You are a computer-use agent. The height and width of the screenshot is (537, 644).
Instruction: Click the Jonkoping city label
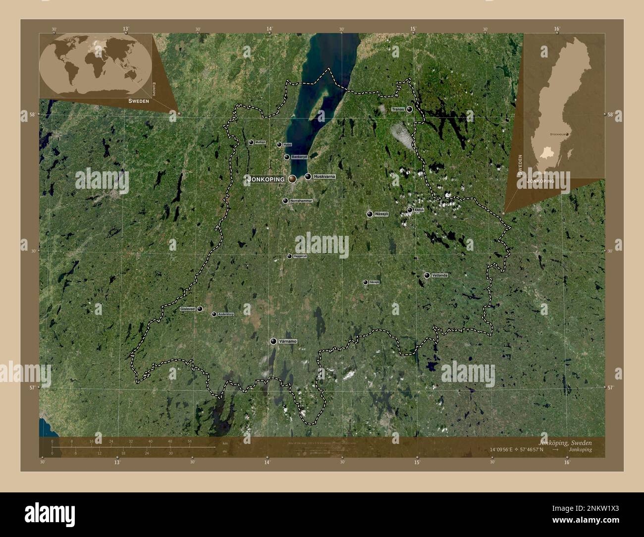(266, 179)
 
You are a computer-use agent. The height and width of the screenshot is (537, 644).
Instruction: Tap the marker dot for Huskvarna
(308, 176)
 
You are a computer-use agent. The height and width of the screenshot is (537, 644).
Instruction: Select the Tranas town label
(398, 109)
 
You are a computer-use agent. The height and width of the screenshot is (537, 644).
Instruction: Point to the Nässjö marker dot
(370, 214)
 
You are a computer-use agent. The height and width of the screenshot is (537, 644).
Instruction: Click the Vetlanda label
(439, 275)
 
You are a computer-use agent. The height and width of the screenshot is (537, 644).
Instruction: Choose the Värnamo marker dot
(273, 341)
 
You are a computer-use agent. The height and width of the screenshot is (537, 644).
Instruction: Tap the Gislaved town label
(188, 309)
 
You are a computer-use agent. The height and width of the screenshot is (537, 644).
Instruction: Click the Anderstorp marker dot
(214, 314)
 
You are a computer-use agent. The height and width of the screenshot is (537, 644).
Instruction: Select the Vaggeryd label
(300, 256)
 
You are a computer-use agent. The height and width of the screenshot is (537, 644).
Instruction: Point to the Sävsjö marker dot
(366, 282)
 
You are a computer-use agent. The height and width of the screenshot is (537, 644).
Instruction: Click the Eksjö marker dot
(410, 210)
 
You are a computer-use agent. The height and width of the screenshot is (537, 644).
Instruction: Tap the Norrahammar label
(301, 201)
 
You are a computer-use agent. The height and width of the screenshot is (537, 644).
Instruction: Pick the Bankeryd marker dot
(287, 157)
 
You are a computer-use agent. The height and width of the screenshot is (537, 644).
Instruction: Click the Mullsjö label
(260, 142)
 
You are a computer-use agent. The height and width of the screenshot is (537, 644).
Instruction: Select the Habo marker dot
(279, 145)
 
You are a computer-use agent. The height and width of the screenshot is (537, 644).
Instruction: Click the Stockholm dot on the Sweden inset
(567, 134)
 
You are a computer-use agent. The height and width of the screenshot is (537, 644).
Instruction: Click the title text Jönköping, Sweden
(564, 442)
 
